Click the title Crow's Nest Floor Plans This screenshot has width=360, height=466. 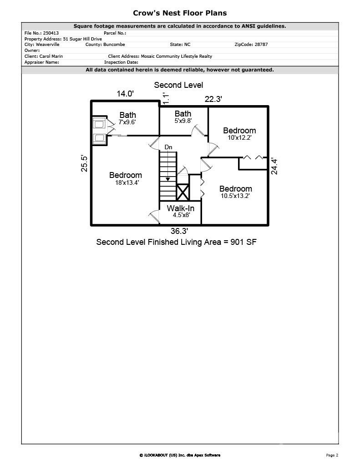coord(180,13)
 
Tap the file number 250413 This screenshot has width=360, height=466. coord(51,33)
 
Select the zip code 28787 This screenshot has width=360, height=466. coord(261,44)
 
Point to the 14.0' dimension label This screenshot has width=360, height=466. coord(125,94)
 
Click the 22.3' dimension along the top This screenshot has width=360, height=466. coord(213,99)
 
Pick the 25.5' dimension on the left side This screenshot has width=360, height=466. coord(84,163)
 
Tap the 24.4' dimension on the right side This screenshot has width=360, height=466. coord(274,167)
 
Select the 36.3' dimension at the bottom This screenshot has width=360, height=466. coord(179,231)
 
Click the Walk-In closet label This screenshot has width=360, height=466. coord(180,208)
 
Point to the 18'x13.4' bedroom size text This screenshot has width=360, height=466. coord(127,183)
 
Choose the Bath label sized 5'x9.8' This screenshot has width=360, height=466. coord(183,114)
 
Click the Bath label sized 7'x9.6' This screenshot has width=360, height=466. coord(127,115)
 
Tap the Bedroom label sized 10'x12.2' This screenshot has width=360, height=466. coord(239,131)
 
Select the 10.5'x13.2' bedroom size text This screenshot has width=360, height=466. coord(235,196)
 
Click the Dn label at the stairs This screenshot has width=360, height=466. coord(168,147)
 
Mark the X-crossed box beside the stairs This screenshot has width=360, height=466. coord(183,192)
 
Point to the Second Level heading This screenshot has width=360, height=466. coord(178,85)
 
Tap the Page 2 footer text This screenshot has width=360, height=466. coord(332,455)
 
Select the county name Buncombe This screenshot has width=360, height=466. coord(114,44)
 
